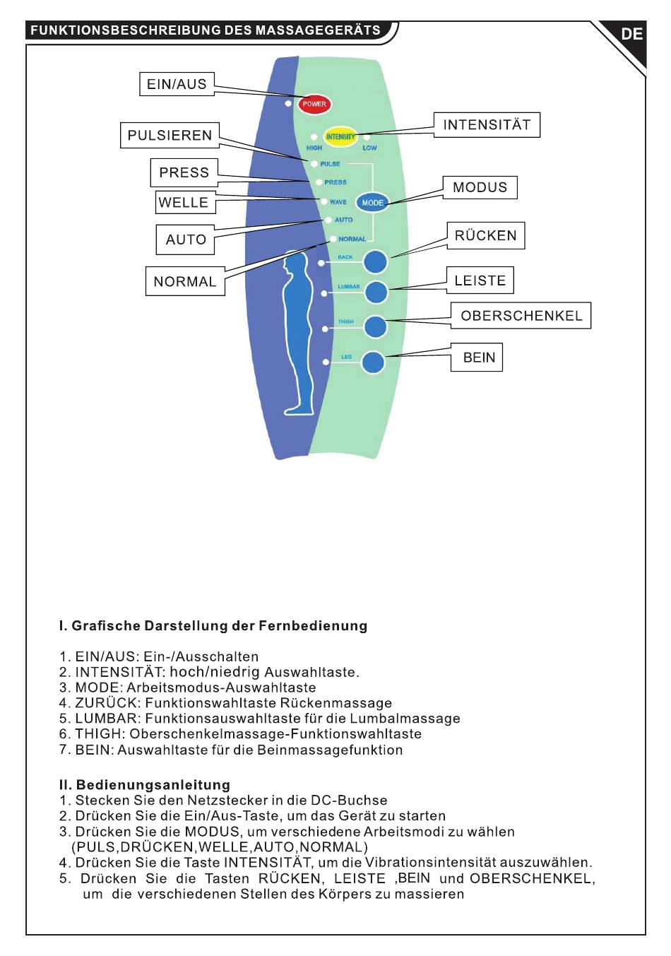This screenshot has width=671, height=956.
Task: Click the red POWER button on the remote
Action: point(314,104)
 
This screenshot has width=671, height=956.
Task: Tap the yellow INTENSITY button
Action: point(340,136)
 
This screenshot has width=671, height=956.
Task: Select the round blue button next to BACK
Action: point(375,261)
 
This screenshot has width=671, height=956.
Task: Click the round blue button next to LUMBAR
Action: point(375,292)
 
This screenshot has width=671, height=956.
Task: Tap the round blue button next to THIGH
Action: point(375,326)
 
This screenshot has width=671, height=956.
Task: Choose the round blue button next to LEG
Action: point(373,362)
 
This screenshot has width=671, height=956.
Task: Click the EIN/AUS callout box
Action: point(176,84)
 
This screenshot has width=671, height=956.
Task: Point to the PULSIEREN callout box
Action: point(170,135)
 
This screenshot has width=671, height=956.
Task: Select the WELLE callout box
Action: point(184,203)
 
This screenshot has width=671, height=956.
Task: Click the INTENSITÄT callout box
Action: point(487,125)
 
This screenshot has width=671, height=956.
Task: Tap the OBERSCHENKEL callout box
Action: point(521,316)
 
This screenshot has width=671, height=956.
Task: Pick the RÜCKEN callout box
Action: point(485,235)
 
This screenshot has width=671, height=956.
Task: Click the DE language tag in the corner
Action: point(631,34)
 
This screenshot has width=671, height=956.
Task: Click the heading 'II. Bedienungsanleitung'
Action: point(145,784)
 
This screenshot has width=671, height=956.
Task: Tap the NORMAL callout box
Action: point(185,281)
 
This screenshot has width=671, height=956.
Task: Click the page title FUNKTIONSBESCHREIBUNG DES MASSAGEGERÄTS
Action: point(206,30)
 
